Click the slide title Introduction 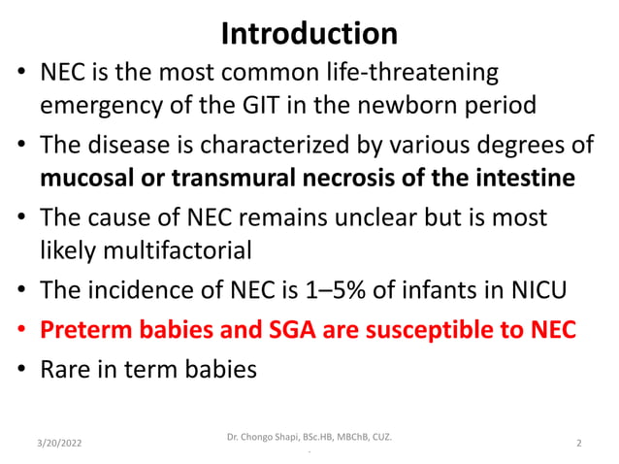(309, 34)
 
